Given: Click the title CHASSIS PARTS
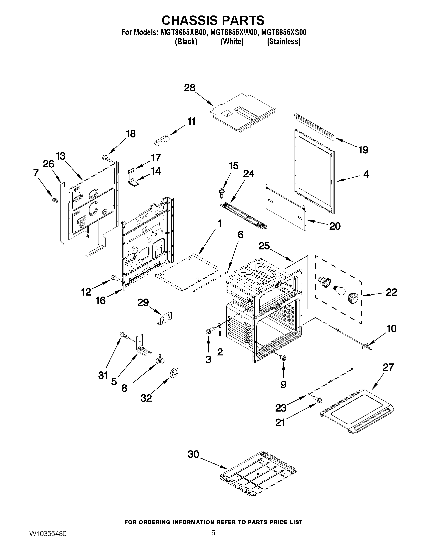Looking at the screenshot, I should click(213, 20).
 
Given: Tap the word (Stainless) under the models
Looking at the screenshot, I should click(284, 41).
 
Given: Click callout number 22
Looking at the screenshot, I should click(391, 292).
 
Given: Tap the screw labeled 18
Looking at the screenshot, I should click(107, 158).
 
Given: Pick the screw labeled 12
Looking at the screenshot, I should click(115, 278).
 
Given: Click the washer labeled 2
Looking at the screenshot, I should click(219, 326).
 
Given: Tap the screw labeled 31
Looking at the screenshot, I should click(123, 335).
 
